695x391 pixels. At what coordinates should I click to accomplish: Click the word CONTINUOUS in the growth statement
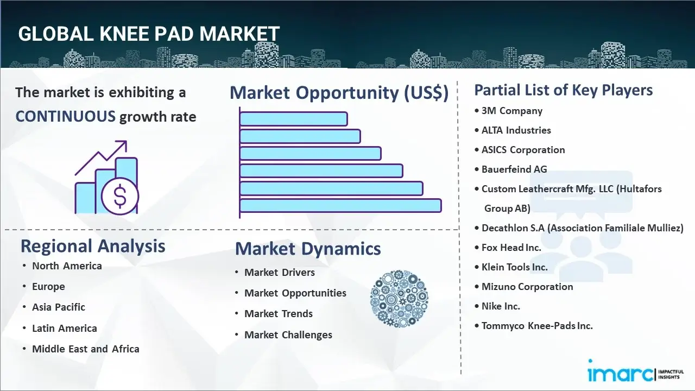pos(66,117)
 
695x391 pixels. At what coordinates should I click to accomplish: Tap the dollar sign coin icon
pos(120,197)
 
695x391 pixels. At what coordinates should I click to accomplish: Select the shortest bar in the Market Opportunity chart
pos(294,119)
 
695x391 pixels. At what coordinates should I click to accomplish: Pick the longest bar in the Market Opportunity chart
pos(340,206)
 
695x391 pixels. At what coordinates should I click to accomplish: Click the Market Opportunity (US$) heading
pos(339,92)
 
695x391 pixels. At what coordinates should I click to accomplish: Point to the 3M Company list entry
pos(512,111)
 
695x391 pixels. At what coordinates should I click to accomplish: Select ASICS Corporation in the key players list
pos(523,150)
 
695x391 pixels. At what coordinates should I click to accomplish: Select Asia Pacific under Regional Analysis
pos(59,307)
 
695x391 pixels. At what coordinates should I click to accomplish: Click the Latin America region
pos(65,329)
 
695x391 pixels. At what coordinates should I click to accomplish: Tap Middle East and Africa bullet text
pos(86,349)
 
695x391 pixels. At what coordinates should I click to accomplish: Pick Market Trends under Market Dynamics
pos(279,314)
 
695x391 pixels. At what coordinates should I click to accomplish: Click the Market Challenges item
pos(288,335)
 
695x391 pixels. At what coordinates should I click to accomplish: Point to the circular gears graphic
pos(399,299)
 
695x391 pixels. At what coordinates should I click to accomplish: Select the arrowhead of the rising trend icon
pos(123,145)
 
